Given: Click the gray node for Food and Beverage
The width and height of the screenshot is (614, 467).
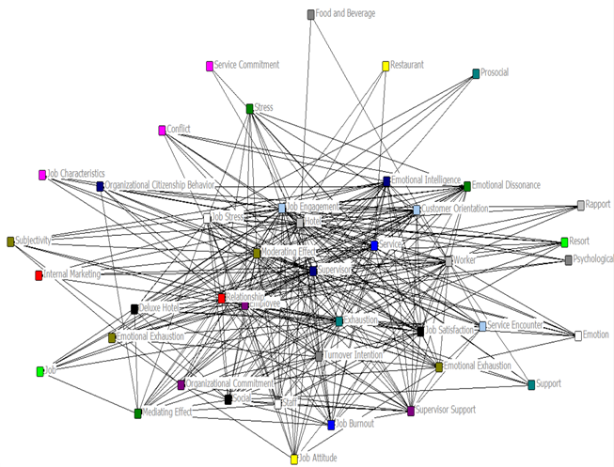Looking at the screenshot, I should [311, 14].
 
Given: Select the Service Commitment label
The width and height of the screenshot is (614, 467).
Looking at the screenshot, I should [246, 66].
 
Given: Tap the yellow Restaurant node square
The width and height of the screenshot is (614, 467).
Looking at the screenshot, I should [386, 66].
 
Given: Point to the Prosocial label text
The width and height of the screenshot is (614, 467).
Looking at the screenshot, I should [495, 72].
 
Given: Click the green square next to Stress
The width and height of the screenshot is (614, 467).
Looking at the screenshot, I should [249, 109].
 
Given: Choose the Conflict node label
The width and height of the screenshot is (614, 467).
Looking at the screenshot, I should [179, 129].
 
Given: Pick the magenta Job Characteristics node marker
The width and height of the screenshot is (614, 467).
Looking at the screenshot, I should [42, 175].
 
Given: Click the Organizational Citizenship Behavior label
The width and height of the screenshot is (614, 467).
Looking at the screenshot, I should [160, 185].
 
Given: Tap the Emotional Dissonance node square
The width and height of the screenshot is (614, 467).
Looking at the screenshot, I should [466, 186].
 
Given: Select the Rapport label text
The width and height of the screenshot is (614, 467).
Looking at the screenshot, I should [598, 204].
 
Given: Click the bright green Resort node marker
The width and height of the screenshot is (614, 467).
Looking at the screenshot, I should [564, 242].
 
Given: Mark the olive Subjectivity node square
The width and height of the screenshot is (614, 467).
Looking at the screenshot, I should [10, 241].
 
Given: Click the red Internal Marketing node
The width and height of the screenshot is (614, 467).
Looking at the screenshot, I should [39, 275].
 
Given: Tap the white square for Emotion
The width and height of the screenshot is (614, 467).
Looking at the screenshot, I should [578, 335].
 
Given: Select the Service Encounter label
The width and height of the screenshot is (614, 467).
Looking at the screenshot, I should [515, 325].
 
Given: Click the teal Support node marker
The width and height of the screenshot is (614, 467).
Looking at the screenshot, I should [531, 384].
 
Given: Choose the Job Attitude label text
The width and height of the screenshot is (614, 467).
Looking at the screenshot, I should [318, 459].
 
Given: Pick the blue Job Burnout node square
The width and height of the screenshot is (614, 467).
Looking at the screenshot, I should [331, 426].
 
